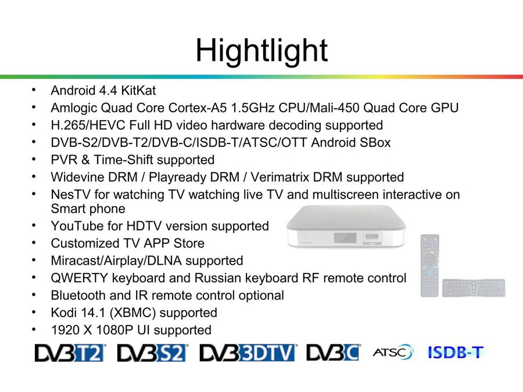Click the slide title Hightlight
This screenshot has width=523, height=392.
262,51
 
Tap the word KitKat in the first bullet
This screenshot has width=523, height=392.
138,91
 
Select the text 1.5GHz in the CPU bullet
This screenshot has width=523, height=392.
253,107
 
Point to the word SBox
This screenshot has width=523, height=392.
375,142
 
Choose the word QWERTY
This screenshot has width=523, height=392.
80,278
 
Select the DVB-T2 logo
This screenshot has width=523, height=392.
70,353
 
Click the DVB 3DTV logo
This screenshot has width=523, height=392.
248,353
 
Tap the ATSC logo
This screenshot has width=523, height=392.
393,352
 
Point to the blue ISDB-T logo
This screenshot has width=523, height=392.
456,352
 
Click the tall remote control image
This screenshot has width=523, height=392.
429,265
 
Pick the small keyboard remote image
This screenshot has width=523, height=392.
474,287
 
